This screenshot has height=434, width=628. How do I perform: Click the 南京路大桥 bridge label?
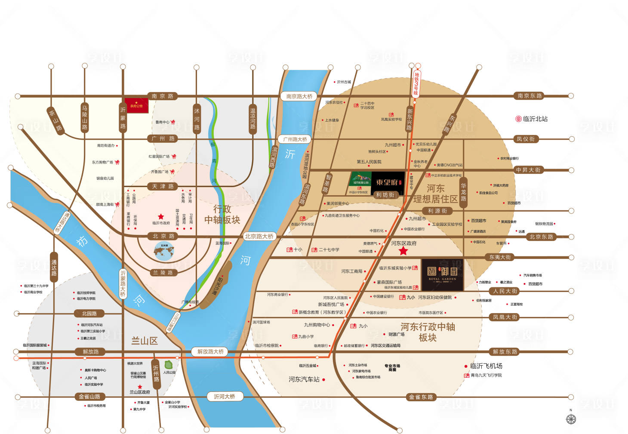click(299, 96)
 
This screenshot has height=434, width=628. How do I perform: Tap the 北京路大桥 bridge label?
click(259, 236)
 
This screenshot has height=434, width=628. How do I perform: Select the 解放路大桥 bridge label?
click(210, 351)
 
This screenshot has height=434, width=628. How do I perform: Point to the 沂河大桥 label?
click(224, 396)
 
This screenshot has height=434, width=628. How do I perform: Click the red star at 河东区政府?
click(403, 251)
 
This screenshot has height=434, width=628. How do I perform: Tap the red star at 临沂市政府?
click(161, 217)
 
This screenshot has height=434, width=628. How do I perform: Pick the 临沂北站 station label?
click(532, 119)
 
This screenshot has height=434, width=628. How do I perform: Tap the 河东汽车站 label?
click(304, 379)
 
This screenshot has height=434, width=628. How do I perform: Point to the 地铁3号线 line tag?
click(416, 83)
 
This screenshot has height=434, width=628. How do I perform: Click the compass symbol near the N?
click(571, 419)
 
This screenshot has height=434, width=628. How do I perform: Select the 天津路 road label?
click(163, 186)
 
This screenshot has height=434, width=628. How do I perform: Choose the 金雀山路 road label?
click(89, 396)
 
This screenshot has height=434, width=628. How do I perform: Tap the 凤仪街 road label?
click(526, 139)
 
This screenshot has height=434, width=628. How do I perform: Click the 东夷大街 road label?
click(500, 257)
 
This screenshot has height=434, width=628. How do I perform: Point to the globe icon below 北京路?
click(164, 251)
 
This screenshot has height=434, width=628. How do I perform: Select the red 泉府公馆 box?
click(137, 106)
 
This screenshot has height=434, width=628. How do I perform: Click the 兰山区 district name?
click(145, 341)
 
